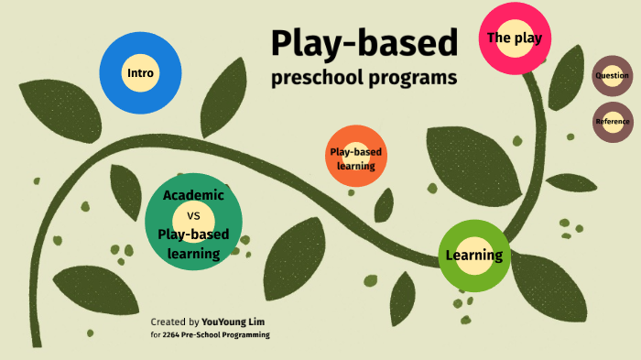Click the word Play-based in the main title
coord(364,43)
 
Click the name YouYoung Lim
coord(234,322)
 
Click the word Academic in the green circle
coord(193,195)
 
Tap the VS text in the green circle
coord(193,216)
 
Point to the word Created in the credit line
coord(168,322)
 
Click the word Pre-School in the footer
coord(204,335)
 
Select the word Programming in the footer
coord(246,335)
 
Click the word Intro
coord(140,73)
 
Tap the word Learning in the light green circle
coord(473,256)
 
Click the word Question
coord(612,76)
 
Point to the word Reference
coord(613,122)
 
